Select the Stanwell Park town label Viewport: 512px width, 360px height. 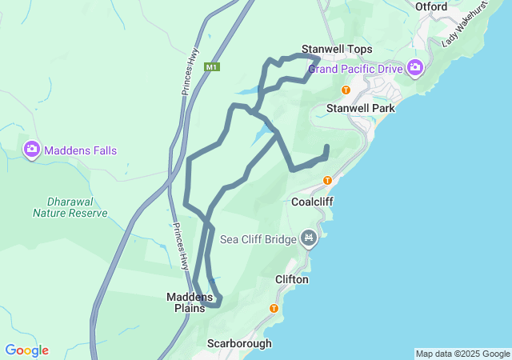357,107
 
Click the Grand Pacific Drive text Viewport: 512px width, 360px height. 355,69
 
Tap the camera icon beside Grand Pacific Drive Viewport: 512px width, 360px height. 414,68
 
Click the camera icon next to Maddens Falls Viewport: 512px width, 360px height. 32,150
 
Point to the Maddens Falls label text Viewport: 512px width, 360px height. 80,150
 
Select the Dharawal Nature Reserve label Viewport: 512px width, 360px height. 70,207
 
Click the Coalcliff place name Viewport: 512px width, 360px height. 312,202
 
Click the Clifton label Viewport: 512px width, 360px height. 291,279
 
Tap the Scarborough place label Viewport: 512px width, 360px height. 239,343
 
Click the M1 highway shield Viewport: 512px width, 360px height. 211,67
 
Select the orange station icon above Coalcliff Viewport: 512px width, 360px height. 327,180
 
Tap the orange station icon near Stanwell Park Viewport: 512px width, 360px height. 346,90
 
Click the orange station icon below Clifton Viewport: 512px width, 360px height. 274,308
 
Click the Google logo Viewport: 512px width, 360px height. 26,350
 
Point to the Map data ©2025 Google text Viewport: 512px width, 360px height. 462,354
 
